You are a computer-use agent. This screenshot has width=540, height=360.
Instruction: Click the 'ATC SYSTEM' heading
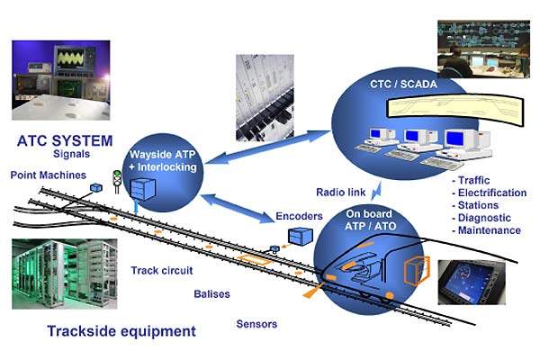[x=64, y=140]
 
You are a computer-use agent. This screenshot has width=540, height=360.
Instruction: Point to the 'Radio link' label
[x=339, y=192]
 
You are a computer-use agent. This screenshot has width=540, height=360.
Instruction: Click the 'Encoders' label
[x=299, y=216]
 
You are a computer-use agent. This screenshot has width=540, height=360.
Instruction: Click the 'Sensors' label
[x=256, y=324]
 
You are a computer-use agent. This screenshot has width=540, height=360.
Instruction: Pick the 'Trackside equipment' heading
[x=122, y=331]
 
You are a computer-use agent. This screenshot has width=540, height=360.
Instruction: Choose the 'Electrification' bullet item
[x=491, y=193]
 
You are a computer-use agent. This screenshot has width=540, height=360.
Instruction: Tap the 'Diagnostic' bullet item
[x=483, y=217]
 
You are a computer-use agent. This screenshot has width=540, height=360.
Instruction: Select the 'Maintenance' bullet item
[x=488, y=229]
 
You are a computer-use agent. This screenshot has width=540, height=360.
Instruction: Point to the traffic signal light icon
[x=115, y=179]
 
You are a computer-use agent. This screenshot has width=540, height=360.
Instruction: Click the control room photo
[x=482, y=49]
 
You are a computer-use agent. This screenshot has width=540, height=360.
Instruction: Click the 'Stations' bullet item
[x=478, y=205]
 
